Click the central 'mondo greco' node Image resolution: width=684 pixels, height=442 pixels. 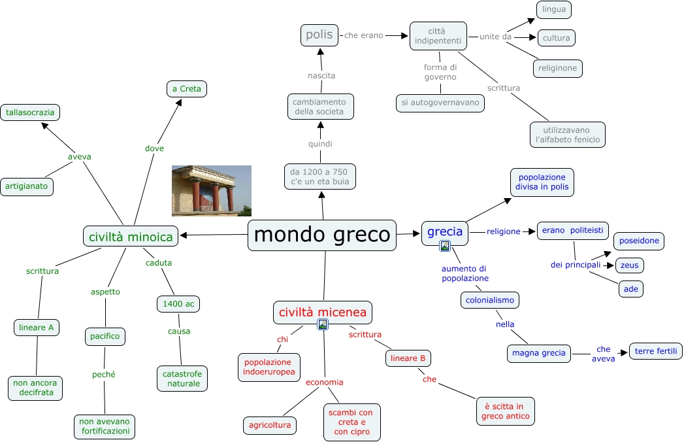click(x=322, y=235)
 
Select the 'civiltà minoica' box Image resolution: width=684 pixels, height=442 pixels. click(x=131, y=236)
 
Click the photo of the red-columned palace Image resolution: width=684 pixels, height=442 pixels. click(x=211, y=190)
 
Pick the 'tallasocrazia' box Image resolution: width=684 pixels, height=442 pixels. click(x=30, y=112)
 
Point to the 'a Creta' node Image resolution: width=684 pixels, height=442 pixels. click(x=187, y=89)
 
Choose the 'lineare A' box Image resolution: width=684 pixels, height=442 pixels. click(x=37, y=327)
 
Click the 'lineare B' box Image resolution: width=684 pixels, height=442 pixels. click(x=408, y=358)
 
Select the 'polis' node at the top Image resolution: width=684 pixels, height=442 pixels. click(x=319, y=35)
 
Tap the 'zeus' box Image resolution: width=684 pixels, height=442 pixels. click(x=630, y=265)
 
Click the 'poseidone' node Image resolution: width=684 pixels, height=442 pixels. click(x=639, y=241)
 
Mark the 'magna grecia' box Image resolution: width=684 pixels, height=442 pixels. click(x=539, y=353)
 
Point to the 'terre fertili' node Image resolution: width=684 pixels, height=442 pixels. click(x=655, y=351)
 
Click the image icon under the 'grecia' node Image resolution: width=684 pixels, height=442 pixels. click(x=445, y=246)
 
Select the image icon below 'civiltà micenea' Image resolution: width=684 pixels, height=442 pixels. click(x=322, y=324)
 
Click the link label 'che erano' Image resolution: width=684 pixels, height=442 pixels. click(x=363, y=35)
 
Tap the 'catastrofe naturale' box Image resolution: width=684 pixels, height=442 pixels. click(x=183, y=378)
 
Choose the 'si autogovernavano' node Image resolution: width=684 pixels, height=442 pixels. click(x=440, y=103)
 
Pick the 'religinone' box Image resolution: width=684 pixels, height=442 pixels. click(x=557, y=68)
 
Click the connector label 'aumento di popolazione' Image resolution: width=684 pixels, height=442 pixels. click(x=464, y=273)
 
